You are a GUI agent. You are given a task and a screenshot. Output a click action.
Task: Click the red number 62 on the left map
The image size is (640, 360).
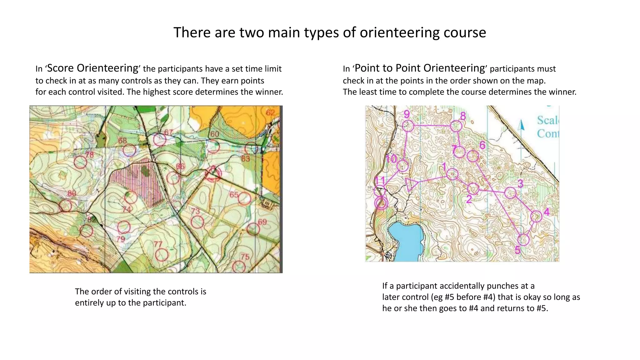tap(270, 112)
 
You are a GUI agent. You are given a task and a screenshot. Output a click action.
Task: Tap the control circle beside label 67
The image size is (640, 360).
tap(160, 140)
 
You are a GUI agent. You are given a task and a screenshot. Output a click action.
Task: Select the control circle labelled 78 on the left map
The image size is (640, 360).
tap(80, 162)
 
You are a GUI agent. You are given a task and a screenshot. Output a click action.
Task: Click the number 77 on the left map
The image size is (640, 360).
tap(158, 244)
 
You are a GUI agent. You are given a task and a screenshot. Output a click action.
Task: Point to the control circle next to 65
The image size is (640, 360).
tap(245, 198)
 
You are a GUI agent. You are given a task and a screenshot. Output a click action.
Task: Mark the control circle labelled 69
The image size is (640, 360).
tap(253, 229)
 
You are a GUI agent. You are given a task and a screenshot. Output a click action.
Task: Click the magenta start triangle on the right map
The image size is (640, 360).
tap(411, 184)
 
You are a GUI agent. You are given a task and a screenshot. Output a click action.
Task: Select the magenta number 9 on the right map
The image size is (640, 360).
tap(407, 114)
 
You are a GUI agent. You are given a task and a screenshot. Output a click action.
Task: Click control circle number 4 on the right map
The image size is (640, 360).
tap(536, 216)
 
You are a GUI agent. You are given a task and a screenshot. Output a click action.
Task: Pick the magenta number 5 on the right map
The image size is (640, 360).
tap(517, 250)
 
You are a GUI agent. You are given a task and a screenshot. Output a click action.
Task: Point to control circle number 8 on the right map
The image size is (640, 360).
tap(456, 126)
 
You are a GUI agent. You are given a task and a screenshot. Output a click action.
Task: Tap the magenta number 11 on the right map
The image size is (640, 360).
tap(380, 181)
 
